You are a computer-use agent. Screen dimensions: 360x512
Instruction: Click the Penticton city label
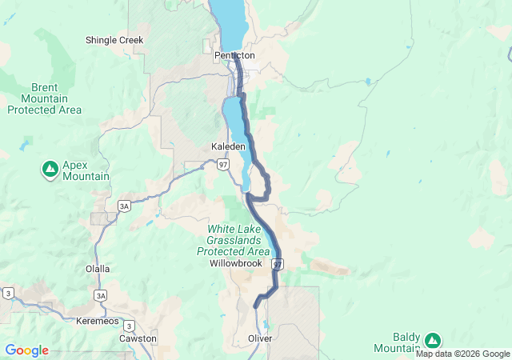(234, 56)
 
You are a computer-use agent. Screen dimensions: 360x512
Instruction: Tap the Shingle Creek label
(114, 39)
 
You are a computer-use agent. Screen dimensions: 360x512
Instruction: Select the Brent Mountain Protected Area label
(45, 98)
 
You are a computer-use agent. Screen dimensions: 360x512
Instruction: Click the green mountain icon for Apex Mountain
(50, 168)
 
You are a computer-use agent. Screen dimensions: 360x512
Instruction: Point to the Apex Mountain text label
(86, 169)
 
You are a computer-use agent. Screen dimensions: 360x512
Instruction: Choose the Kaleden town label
(228, 147)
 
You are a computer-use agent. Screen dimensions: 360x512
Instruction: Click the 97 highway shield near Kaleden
(223, 164)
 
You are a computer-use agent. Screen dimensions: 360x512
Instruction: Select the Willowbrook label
(236, 263)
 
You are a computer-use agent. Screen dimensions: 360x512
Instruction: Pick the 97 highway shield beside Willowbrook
(278, 264)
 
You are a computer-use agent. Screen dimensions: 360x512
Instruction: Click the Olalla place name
(98, 270)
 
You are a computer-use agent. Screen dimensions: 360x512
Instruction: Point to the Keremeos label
(96, 321)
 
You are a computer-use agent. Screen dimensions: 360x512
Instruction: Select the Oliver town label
(260, 339)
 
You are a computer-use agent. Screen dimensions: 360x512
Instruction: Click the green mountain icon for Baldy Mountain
(433, 340)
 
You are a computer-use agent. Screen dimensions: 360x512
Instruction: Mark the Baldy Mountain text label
(397, 342)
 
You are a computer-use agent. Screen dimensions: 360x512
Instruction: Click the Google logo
(26, 350)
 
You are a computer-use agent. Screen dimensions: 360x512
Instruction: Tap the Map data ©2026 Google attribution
(462, 354)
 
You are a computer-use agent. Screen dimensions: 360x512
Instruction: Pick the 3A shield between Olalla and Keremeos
(100, 295)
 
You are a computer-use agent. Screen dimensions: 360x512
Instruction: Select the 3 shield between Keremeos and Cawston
(129, 326)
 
